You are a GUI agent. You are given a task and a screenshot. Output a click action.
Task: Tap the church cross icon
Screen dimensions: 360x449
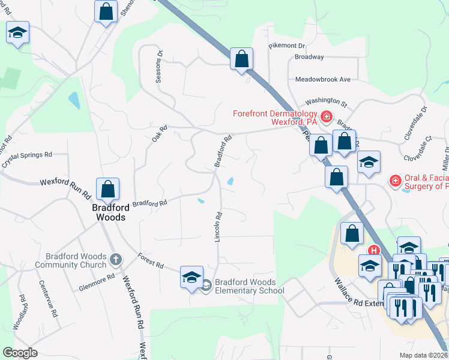(x=115, y=259)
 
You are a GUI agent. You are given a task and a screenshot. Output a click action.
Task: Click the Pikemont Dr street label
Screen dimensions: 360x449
(x=287, y=46)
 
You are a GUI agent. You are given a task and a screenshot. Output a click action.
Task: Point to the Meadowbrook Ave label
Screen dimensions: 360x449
(x=322, y=79)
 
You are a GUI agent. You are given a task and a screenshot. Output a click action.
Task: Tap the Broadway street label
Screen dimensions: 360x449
(x=309, y=58)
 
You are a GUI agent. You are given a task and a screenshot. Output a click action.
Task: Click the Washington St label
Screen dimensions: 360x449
(x=327, y=103)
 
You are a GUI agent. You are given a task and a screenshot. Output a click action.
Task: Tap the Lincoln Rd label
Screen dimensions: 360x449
(x=219, y=226)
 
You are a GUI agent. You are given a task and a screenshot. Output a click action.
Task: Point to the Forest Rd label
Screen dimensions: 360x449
(x=150, y=262)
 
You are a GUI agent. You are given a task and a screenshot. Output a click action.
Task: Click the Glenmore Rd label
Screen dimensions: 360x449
(x=97, y=283)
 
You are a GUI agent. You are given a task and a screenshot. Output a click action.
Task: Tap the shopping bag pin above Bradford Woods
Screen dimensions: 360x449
(x=108, y=190)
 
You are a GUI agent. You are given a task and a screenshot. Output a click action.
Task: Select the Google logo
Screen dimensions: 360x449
(x=20, y=353)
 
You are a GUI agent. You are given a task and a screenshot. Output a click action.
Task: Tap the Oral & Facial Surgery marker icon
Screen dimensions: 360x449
(x=395, y=181)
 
